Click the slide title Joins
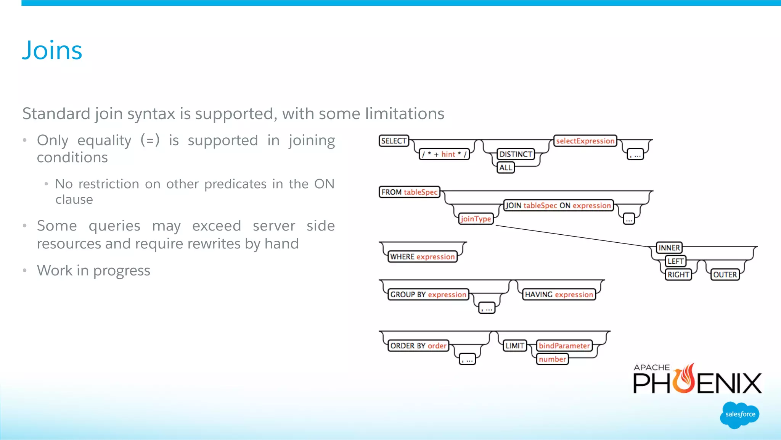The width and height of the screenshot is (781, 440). pos(52,50)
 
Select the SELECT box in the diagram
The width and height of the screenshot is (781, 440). pos(394,141)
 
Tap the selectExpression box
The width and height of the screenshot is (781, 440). pos(585,141)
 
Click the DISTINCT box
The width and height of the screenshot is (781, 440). pos(516,154)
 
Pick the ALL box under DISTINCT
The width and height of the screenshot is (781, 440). pos(506,168)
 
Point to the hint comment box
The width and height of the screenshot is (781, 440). pos(444,154)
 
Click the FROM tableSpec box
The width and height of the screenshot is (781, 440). pos(409,192)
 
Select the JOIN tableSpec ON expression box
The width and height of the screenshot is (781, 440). pos(558,205)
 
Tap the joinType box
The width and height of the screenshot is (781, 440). pos(476,219)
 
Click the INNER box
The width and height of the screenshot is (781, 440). pos(669,248)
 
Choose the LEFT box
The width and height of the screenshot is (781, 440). pos(675,261)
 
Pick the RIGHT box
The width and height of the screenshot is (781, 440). pos(678,274)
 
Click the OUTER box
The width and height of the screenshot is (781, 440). pos(725,274)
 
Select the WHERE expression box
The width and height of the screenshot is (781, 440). pos(422,257)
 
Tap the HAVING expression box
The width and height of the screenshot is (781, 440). pos(559,295)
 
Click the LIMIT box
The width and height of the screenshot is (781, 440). pos(514,346)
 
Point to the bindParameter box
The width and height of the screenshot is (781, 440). pos(564,346)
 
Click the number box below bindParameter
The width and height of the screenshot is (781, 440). pos(552,359)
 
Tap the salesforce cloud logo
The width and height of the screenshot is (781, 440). pos(740,415)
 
